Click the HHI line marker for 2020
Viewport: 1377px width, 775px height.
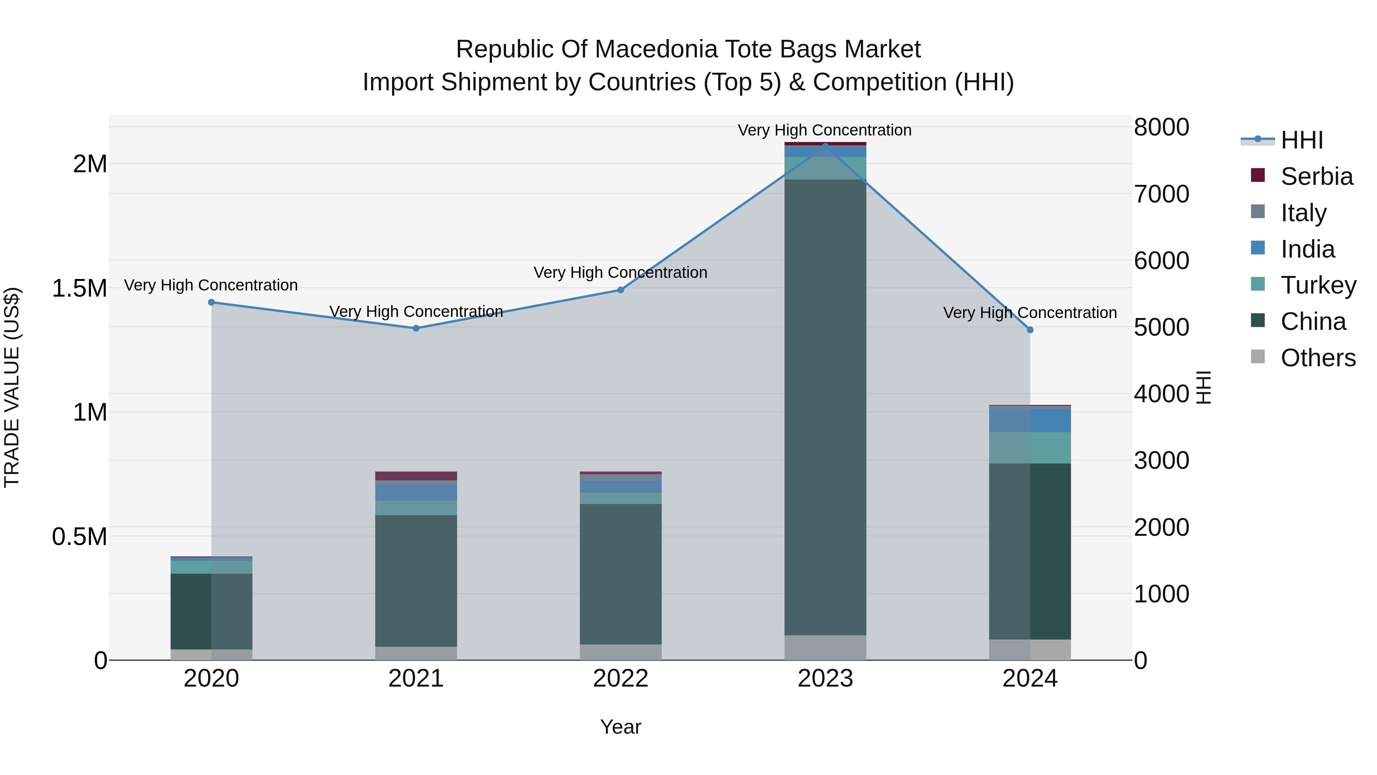click(211, 302)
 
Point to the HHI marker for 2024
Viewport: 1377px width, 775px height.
click(1030, 330)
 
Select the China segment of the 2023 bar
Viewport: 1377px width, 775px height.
click(825, 406)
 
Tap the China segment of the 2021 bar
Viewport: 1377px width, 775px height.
click(416, 580)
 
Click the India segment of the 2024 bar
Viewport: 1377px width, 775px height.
click(1030, 420)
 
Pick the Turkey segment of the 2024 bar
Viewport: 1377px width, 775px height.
click(1030, 448)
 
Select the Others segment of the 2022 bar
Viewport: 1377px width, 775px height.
click(621, 652)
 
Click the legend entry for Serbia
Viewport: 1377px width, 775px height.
click(1317, 176)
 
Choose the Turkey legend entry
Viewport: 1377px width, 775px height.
click(1318, 285)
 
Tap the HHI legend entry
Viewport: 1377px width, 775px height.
click(1302, 140)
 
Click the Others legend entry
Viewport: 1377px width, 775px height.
click(1318, 358)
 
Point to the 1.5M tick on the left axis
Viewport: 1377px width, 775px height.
click(80, 288)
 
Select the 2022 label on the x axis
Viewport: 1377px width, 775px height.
click(621, 679)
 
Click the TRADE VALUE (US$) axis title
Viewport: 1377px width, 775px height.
click(12, 387)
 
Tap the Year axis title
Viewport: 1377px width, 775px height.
click(621, 727)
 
